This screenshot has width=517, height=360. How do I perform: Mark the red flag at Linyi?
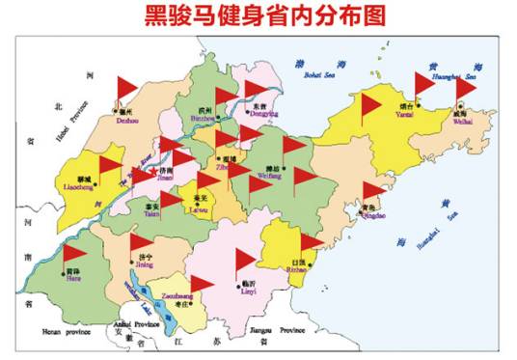tap(245, 258)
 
